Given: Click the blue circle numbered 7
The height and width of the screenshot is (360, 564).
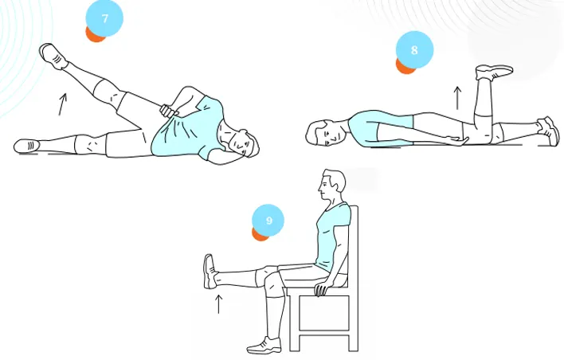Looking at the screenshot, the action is point(104,18).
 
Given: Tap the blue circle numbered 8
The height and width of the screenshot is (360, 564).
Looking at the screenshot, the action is point(414,49).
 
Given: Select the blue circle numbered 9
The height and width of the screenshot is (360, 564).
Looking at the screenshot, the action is point(268,220).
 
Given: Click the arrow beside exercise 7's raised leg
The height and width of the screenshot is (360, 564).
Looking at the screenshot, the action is point(63,104).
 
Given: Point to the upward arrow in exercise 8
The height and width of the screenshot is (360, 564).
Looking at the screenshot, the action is point(457,98).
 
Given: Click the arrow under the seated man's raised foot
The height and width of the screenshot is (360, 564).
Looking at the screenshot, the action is point(218,304).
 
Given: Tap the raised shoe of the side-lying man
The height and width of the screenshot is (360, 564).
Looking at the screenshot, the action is point(53,56).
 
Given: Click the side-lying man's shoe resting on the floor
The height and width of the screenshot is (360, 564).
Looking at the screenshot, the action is point(26,146).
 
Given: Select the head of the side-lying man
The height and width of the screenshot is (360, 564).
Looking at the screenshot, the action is point(244,144).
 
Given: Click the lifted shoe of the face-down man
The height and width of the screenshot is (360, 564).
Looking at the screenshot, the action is point(494,72).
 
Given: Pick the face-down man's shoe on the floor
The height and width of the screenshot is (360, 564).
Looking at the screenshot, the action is point(549,131).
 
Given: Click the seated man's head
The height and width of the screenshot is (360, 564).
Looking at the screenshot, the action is point(331,185).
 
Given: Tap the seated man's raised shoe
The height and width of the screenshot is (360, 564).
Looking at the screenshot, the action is point(210,272).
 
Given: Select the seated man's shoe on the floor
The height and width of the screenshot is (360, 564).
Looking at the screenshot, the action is point(264,346).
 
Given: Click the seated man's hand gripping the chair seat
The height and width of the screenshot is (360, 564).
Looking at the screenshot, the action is point(321,289).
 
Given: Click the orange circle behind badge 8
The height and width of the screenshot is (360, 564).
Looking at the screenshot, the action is point(404,66).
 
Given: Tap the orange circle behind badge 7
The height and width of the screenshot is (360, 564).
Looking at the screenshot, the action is point(94,34).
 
